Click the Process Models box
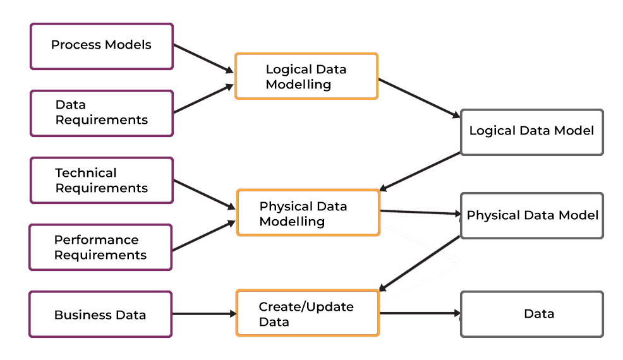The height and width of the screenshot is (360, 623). (x=101, y=46)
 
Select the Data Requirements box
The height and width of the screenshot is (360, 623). (x=101, y=113)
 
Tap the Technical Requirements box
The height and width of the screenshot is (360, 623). (x=101, y=181)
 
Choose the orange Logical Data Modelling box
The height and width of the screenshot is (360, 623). (x=306, y=76)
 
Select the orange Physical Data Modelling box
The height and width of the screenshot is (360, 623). (x=308, y=213)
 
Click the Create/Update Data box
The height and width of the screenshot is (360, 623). (x=308, y=313)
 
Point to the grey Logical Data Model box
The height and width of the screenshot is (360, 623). (x=531, y=131)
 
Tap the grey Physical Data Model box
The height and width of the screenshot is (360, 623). (x=531, y=215)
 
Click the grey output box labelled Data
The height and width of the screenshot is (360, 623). (x=531, y=313)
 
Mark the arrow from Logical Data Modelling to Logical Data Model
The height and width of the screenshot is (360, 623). (x=419, y=98)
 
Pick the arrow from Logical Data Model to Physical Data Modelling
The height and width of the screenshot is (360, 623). (x=420, y=171)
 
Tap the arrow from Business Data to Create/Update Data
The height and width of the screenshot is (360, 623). (x=203, y=313)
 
